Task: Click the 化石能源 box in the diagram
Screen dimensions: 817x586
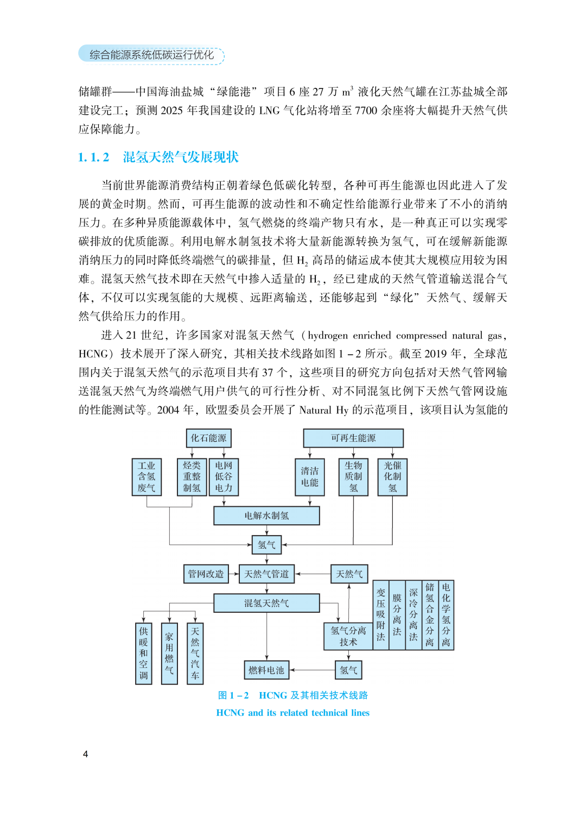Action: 208,438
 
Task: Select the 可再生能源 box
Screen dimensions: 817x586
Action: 353,438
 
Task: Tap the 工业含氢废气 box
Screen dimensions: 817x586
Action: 146,477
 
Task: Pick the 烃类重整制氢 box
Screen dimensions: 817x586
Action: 192,477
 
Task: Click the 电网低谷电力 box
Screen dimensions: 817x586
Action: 224,477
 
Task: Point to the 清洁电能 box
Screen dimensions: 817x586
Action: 310,477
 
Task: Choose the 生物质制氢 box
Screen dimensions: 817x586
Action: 353,477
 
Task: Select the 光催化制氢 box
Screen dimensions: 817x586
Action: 393,477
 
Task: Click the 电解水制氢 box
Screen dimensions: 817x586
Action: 266,516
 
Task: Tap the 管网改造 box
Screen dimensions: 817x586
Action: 206,574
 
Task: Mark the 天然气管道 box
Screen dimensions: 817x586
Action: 266,574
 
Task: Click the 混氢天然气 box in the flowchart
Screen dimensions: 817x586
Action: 266,603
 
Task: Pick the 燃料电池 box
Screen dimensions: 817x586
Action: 266,670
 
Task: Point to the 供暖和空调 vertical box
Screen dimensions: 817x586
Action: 144,653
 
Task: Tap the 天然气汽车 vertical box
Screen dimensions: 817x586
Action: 195,653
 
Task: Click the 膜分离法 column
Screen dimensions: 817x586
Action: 397,615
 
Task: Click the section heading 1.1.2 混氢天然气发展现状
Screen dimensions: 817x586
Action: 158,158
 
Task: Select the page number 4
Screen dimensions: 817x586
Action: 85,754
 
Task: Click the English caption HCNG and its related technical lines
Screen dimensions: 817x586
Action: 292,713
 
